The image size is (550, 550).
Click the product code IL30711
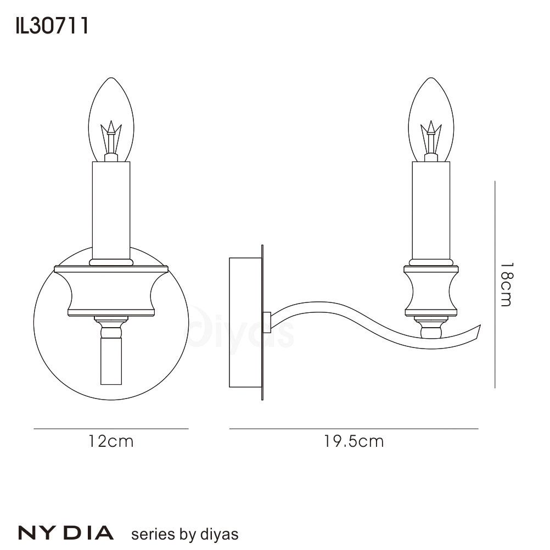53,26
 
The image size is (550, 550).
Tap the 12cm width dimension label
111,441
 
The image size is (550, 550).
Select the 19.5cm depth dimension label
353,441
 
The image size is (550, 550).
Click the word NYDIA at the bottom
66,532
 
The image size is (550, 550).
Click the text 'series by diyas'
184,534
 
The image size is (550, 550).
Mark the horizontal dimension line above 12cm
111,428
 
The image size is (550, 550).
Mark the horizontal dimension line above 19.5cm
353,428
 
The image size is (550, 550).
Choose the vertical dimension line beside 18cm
495,284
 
